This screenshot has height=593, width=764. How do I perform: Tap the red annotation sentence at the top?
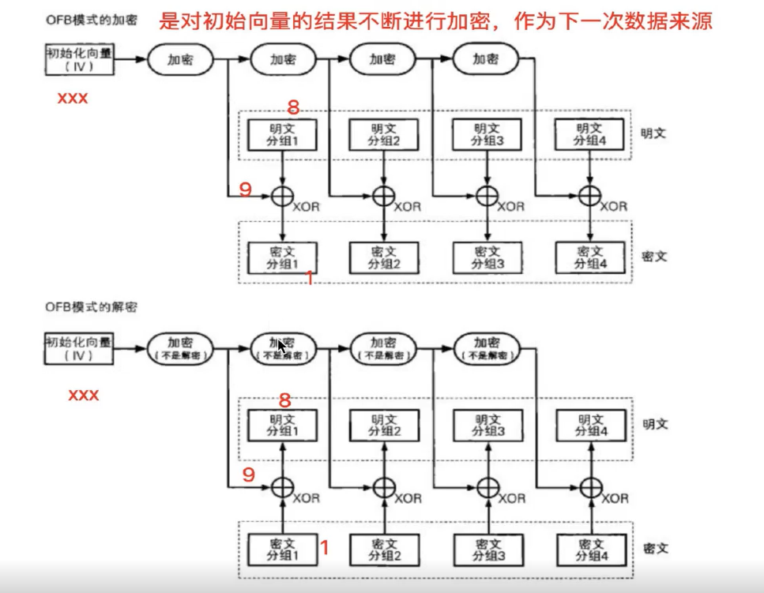(436, 21)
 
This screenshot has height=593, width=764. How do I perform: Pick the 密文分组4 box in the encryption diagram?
(590, 257)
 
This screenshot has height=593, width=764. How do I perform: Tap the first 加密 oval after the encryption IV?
(181, 59)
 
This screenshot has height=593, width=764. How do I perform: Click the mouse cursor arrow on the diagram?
(281, 347)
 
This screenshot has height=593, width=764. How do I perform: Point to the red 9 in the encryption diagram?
(246, 190)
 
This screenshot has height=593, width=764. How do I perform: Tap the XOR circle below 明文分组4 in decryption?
(591, 488)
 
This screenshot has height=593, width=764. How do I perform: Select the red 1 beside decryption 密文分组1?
(323, 546)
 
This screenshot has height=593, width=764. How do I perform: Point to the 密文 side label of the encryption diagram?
(655, 257)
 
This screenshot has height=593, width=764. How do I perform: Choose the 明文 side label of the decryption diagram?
(655, 424)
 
